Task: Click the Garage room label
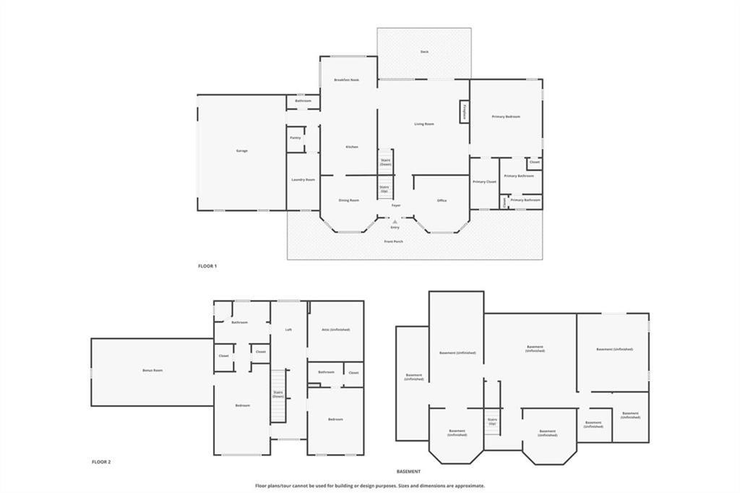tap(241, 150)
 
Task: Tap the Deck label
tap(424, 52)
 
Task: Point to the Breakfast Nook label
tap(346, 80)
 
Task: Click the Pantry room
tap(295, 137)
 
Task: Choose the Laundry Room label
tap(303, 179)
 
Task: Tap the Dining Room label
tap(349, 200)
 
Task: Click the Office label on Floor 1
tap(442, 200)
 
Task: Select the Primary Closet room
tap(484, 182)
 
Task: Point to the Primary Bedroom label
tap(506, 116)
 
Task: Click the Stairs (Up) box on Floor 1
tap(384, 188)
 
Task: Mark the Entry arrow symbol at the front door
tap(395, 221)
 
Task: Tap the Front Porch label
tap(394, 241)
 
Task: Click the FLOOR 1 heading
tap(207, 266)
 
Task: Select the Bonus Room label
tap(152, 370)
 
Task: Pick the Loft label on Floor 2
tap(288, 330)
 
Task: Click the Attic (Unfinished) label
tap(335, 330)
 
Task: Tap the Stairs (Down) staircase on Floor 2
tap(278, 395)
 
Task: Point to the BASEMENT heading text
tap(408, 471)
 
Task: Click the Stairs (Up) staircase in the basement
tap(492, 419)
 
